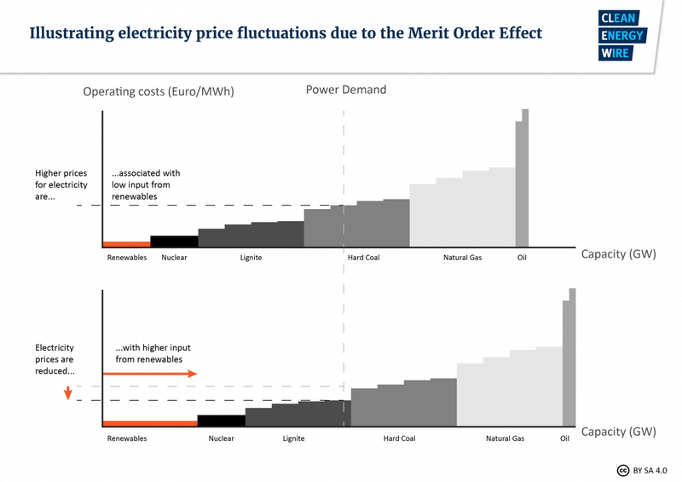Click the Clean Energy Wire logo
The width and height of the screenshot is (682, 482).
[x=622, y=36]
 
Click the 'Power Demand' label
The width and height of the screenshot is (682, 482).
[x=346, y=90]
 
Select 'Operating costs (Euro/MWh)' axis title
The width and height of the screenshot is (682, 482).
[x=158, y=91]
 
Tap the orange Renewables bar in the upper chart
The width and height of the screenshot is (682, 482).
[x=126, y=244]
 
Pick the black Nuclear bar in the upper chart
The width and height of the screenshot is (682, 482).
[x=174, y=241]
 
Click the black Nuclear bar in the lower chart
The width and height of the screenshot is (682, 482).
[x=221, y=420]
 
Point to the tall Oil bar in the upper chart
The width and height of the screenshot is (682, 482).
[x=522, y=179]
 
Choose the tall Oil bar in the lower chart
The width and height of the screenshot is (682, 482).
[x=569, y=358]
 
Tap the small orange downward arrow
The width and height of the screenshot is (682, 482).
[x=66, y=392]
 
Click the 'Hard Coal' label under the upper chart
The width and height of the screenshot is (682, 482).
[x=364, y=258]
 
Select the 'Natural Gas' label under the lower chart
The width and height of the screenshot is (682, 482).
[x=505, y=438]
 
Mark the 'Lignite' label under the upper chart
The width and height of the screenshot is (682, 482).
[x=251, y=258]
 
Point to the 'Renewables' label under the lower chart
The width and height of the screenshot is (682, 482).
[x=127, y=438]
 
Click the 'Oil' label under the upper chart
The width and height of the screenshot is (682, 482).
[x=522, y=258]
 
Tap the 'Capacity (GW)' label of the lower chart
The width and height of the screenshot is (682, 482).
[x=618, y=432]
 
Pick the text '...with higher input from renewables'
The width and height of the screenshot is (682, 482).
[x=149, y=353]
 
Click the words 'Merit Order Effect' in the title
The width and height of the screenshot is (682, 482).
[x=461, y=34]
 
